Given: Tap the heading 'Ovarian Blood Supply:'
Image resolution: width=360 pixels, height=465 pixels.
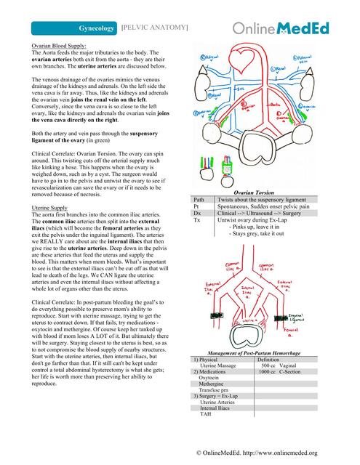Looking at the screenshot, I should pos(59,45).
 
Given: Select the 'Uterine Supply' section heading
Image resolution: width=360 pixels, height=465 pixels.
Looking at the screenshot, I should pos(49,208).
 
